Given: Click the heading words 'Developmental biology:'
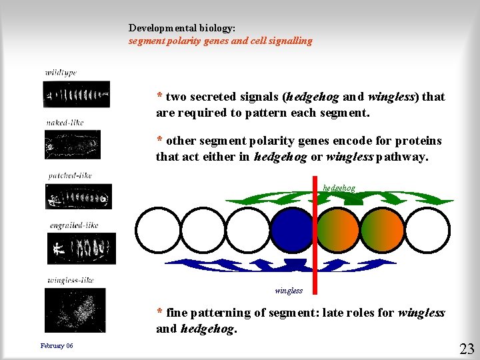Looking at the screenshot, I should tap(181, 29).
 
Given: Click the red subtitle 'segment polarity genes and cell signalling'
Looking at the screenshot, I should tap(220, 41).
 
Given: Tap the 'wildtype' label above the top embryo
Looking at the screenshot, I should tap(61, 72).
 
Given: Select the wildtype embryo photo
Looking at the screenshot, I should tap(76, 94).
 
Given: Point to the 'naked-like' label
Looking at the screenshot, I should tap(65, 122).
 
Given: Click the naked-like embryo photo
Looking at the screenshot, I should tap(72, 144).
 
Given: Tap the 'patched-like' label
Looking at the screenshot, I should tap(69, 176).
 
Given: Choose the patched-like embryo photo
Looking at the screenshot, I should tap(78, 197).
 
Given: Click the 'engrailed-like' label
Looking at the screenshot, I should tap(73, 225).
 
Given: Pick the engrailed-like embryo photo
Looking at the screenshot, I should tap(81, 248).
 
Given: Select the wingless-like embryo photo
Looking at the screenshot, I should tap(75, 310).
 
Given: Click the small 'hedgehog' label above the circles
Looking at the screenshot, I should tap(339, 188).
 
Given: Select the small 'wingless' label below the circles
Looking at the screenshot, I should tap(289, 291).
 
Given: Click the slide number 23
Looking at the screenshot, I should tap(467, 347).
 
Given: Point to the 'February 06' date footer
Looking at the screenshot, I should tap(57, 345).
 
